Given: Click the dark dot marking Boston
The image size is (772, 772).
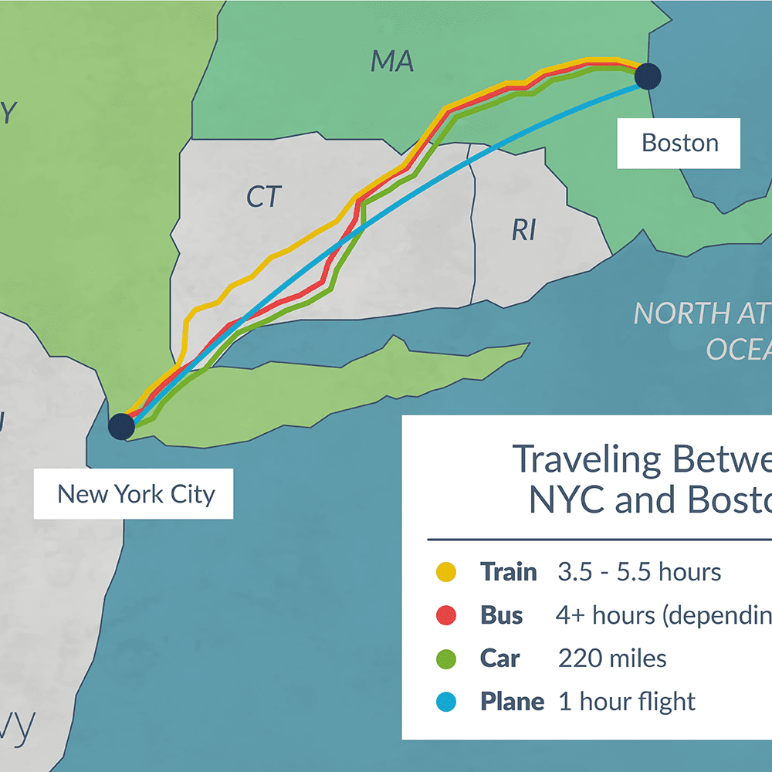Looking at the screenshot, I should coord(648,76).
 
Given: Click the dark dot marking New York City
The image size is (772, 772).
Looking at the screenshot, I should coord(121,426).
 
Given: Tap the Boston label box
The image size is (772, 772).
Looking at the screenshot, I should coord(679,143).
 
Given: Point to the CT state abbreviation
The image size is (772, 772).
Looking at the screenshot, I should coord(264,197).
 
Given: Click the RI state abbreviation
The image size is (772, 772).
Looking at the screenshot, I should coord(523,229).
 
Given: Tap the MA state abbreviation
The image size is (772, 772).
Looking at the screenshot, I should coord(392,61).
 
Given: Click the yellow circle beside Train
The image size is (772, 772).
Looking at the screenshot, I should coord(445,572).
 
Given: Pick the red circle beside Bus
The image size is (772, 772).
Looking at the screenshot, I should coord(445,615).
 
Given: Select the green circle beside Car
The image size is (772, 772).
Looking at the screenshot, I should coord(445,659).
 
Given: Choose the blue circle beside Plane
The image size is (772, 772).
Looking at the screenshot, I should coord(445,702).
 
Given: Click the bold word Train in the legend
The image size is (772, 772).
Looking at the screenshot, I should coord(508,572).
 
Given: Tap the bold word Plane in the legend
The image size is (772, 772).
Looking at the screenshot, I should coord(512,702).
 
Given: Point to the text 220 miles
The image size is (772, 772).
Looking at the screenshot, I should coord(612,659).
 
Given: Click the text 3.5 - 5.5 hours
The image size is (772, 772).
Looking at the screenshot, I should coord(639,572).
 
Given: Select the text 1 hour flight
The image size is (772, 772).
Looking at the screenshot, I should coord(626,702).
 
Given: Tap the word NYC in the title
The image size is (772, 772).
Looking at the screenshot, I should coord(566,500).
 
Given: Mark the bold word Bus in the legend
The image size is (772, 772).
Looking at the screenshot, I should coord(501,615).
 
